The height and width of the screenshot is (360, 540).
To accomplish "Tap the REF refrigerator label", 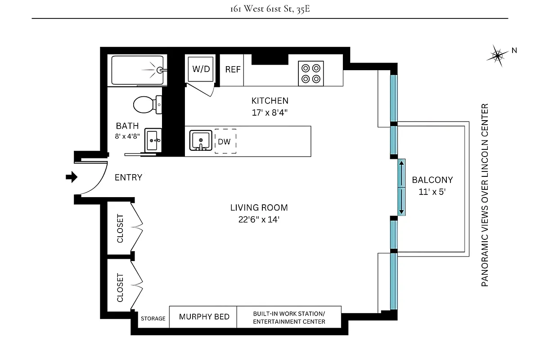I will click(233, 69).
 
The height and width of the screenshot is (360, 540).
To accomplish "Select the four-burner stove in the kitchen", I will click(311, 73).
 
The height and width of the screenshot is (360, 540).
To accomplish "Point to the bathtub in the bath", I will click(139, 70).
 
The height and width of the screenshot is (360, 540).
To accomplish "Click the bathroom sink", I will click(153, 140).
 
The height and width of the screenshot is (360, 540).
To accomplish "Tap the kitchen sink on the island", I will click(201, 140).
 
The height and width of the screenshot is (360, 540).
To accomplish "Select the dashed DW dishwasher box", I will click(225, 142).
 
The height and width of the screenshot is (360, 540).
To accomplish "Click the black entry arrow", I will click(71, 177).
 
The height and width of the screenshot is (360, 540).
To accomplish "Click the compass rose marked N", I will click(498, 55).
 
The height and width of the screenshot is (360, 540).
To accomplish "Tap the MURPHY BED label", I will click(204, 317).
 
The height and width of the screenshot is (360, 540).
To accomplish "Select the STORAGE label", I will click(153, 319).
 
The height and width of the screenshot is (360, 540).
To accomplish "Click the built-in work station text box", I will click(289, 317).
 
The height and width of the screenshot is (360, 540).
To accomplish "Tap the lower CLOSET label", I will click(120, 288).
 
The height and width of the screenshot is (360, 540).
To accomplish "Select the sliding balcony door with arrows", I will click(401, 187).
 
